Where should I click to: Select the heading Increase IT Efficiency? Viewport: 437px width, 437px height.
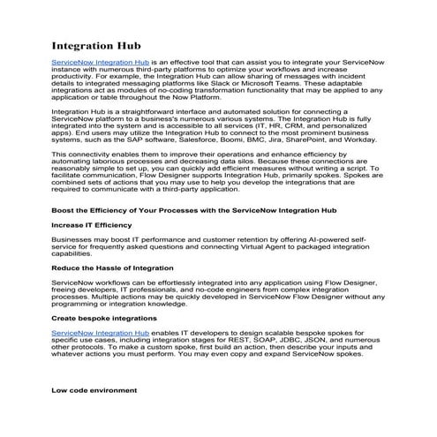tap(96, 225)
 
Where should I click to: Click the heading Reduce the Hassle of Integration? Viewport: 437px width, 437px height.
tap(113, 266)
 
